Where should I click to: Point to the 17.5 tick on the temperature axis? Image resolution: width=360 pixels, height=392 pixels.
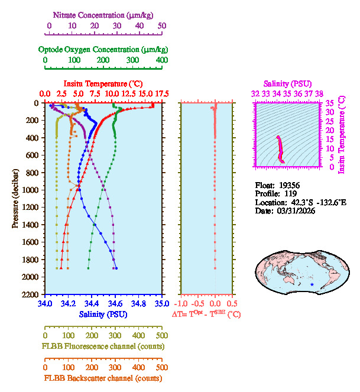(x=162, y=93)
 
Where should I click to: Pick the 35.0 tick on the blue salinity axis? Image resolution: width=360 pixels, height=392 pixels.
(x=161, y=303)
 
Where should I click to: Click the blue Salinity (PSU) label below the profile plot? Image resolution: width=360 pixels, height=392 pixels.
(x=103, y=315)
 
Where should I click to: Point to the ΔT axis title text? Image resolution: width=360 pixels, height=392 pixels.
(x=206, y=315)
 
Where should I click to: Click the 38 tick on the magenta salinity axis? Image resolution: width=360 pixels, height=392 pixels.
(x=319, y=93)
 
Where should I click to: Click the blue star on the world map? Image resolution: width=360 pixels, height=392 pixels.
(x=312, y=284)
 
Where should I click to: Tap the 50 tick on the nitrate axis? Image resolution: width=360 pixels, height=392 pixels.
(x=162, y=26)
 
